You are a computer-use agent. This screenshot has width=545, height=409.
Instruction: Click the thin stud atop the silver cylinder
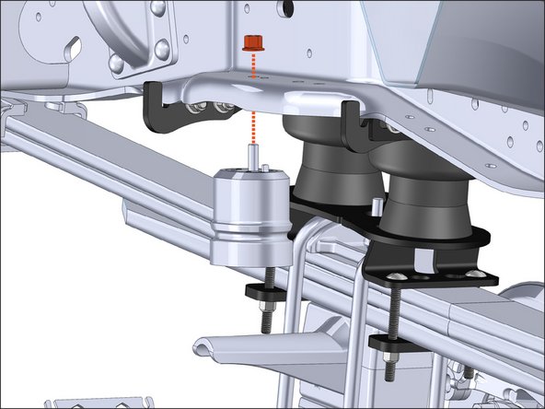(250, 158)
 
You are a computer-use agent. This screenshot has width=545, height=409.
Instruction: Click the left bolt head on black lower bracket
(394, 273)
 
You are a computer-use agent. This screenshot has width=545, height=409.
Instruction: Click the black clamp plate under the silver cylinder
(268, 290)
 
